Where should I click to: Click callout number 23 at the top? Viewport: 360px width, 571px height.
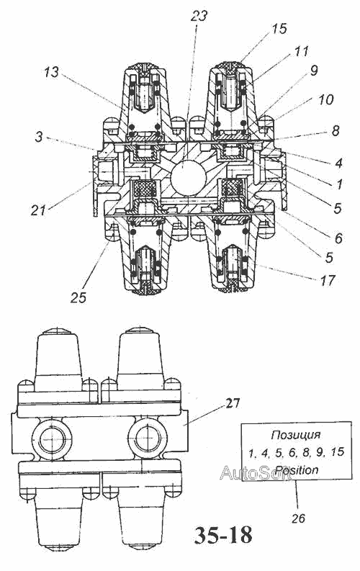[x=200, y=17]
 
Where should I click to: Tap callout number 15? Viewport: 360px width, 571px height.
[x=279, y=29]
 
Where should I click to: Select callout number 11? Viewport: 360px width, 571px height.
[x=302, y=51]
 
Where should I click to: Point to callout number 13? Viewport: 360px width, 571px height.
[x=51, y=72]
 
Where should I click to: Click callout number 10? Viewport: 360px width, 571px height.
[x=325, y=99]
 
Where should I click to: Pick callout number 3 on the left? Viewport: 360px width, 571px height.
[x=39, y=138]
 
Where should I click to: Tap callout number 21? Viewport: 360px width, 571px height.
[x=39, y=210]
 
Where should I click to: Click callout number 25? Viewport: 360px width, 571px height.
[x=78, y=297]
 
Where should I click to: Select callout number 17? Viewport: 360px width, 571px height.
[x=327, y=280]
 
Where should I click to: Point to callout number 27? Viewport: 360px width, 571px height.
[x=233, y=403]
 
